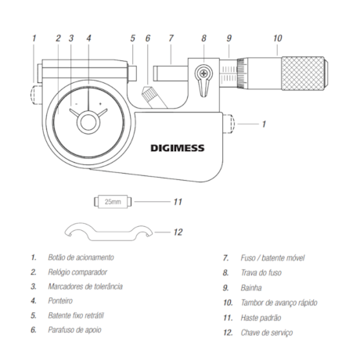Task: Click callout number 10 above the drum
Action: [x=277, y=37]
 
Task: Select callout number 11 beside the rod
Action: [x=177, y=202]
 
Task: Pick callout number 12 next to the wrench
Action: [x=177, y=232]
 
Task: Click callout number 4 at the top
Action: [x=88, y=37]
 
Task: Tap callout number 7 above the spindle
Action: [x=170, y=37]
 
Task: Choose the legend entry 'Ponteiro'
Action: [x=65, y=302]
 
